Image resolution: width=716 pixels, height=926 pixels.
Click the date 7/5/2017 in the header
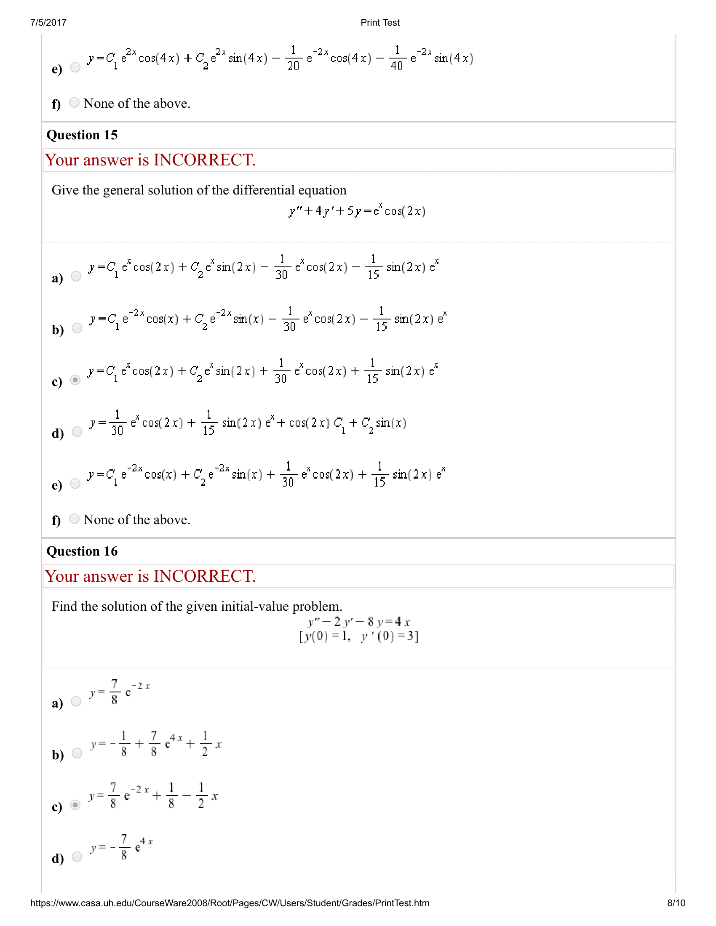(x=48, y=22)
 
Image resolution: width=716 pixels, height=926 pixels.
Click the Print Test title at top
(x=379, y=22)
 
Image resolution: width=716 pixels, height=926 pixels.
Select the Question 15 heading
(x=82, y=135)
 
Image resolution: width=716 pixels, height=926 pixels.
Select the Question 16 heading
(x=82, y=551)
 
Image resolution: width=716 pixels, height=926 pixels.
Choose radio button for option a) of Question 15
(x=76, y=277)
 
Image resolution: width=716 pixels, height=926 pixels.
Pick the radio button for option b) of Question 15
(x=77, y=328)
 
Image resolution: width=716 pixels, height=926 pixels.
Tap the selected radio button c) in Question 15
(x=75, y=380)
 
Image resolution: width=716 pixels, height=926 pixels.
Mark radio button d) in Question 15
(x=77, y=431)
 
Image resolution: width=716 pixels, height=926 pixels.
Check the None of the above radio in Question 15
(x=74, y=519)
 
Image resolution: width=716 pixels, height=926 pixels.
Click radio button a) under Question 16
(x=76, y=701)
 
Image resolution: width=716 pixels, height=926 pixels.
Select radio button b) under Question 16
(x=77, y=753)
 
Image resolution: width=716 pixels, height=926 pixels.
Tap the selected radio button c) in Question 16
(x=75, y=805)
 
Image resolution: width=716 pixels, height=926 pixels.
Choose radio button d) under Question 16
(x=77, y=857)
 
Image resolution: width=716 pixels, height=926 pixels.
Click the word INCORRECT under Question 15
(x=204, y=160)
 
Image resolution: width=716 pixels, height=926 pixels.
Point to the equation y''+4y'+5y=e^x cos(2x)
(x=357, y=211)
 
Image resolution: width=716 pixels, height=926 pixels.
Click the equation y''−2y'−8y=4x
(x=359, y=622)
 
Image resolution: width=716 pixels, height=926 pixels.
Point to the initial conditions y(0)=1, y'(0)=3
(x=359, y=636)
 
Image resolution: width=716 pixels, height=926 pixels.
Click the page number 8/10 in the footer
(x=676, y=903)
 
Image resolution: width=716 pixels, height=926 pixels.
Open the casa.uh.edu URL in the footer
(x=230, y=903)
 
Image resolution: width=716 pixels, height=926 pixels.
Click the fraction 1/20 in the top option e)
(x=293, y=58)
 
